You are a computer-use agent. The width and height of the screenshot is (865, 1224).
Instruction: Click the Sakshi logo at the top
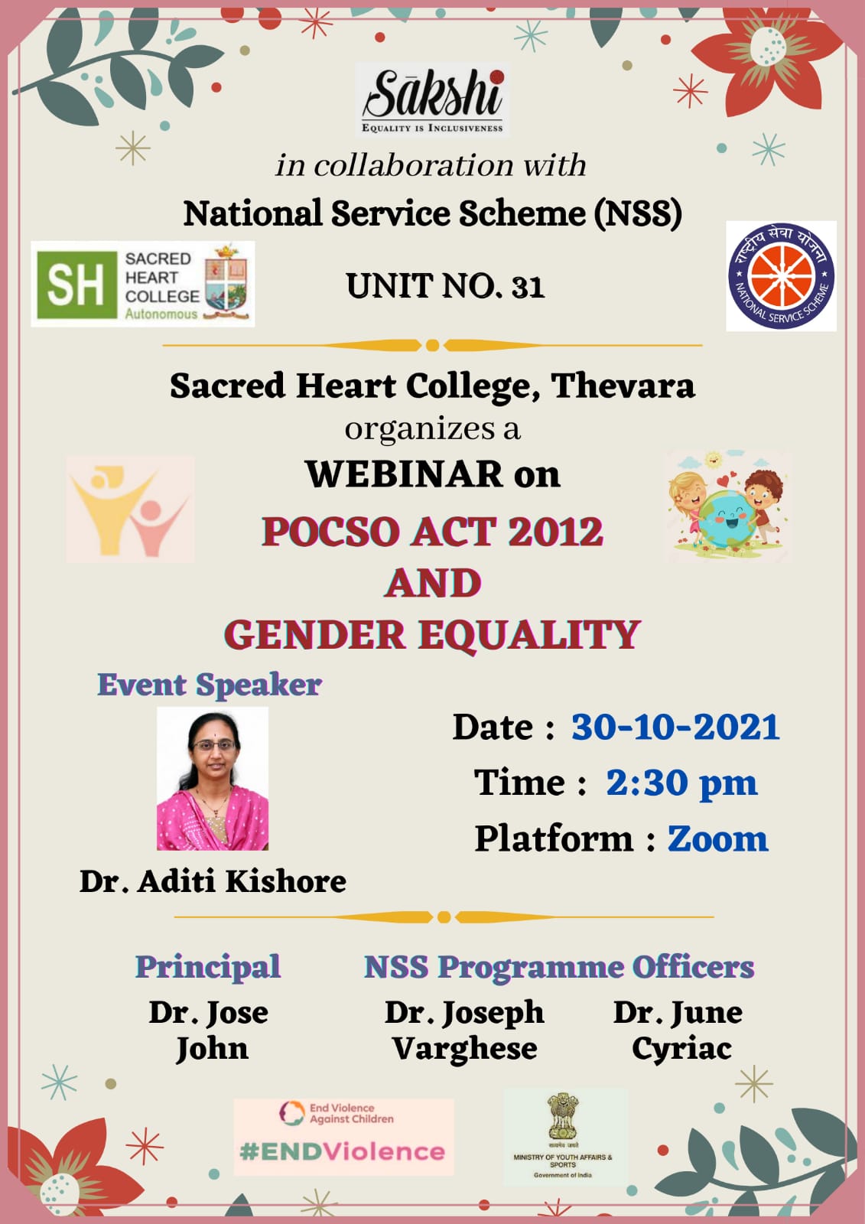coord(432,100)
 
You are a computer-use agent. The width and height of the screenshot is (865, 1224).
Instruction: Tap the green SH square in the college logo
coord(76,285)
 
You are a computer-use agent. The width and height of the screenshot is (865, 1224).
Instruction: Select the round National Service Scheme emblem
coord(781,276)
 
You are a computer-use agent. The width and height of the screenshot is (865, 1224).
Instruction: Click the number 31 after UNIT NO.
coord(528,286)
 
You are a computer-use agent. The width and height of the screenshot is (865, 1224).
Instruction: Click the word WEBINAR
coord(404,474)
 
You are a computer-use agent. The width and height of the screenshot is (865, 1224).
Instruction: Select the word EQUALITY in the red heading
coord(529,635)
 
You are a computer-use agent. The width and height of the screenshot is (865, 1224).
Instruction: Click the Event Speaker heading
coord(210,685)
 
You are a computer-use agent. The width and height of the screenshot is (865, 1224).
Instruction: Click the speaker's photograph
coord(213,778)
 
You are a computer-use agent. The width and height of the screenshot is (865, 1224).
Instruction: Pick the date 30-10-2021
coord(675,727)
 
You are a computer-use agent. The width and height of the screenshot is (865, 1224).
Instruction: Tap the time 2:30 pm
coord(681,783)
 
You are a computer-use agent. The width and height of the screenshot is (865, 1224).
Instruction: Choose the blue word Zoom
coord(717,838)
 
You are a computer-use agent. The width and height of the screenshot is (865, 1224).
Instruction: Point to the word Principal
coord(207,967)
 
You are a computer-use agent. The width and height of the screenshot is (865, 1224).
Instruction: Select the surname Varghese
coord(464,1049)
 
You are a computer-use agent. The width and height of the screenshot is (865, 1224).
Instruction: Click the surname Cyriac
coord(682,1049)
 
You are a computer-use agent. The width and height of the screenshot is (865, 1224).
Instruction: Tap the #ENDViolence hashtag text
coord(342,1151)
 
